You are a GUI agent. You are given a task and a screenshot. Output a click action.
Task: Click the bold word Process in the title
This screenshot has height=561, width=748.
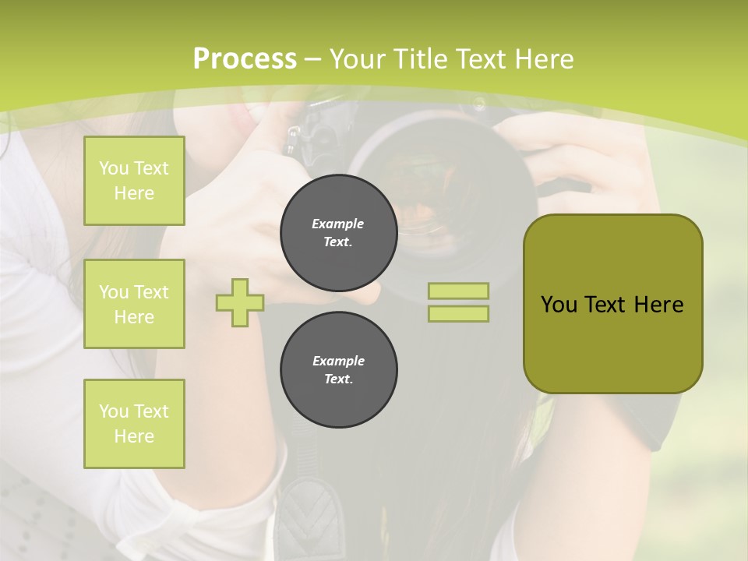(245, 58)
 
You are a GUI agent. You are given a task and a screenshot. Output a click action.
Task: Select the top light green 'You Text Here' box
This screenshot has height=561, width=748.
(134, 181)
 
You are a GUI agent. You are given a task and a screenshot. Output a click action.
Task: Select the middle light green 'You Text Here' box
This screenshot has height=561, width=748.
(134, 304)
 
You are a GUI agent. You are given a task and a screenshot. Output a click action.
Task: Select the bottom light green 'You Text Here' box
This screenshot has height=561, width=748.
(134, 424)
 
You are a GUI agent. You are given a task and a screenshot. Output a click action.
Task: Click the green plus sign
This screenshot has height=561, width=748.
(240, 302)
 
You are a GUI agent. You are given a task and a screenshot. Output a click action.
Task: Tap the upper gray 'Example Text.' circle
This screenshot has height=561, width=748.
(338, 233)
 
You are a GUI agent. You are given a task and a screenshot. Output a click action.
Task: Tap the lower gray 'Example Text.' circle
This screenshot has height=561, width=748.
(338, 370)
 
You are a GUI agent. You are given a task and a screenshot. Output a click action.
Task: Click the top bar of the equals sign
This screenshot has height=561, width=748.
(458, 291)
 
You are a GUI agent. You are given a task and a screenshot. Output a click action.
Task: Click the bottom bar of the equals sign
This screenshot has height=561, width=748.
(458, 314)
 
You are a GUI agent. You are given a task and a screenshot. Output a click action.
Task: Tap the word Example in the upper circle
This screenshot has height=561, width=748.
(338, 224)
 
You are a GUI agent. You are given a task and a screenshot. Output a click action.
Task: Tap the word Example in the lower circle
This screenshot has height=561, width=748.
(338, 361)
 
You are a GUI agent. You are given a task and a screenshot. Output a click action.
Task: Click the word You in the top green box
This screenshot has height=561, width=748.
(113, 168)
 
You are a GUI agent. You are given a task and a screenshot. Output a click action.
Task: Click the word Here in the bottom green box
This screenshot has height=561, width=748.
(134, 436)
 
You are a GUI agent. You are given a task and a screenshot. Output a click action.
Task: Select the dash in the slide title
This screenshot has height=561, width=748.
(313, 59)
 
